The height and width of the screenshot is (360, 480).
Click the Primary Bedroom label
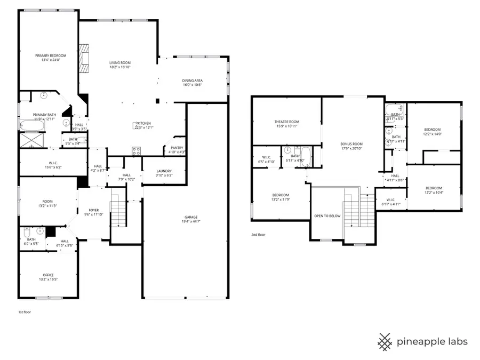51,56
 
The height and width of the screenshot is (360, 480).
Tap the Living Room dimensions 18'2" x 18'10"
120,67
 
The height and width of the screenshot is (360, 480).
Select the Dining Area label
193,81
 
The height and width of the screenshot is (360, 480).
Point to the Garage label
191,217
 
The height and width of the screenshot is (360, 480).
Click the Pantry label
177,148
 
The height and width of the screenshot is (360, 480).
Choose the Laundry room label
164,171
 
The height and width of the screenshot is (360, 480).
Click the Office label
48,275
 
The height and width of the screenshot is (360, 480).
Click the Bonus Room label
351,144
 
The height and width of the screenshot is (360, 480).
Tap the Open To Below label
327,216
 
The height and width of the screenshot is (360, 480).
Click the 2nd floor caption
258,234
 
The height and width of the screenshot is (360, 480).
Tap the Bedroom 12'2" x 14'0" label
433,130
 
